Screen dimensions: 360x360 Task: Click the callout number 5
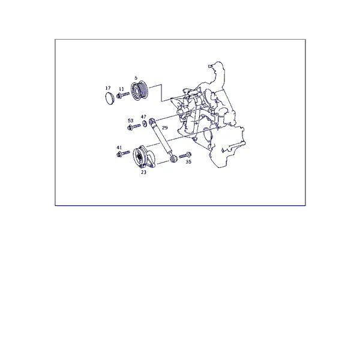[x=136, y=78]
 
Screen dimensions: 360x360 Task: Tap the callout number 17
[x=108, y=88]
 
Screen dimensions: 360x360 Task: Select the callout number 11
[x=121, y=89]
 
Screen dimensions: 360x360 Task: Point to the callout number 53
[x=130, y=121]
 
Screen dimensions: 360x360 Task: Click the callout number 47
[x=143, y=116]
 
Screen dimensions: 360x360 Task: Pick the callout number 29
[x=165, y=128]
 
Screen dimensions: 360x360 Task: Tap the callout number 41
[x=119, y=148]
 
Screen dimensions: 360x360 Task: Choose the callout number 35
[x=188, y=161]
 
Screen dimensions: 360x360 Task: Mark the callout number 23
[x=143, y=172]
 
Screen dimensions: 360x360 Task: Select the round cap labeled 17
[x=110, y=98]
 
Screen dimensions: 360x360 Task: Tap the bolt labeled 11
[x=123, y=95]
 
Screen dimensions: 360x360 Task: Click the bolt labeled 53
[x=134, y=127]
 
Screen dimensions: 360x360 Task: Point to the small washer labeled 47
[x=145, y=123]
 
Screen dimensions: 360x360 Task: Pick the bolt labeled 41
[x=123, y=154]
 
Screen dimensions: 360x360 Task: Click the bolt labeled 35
[x=185, y=155]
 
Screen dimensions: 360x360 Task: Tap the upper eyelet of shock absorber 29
[x=152, y=121]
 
